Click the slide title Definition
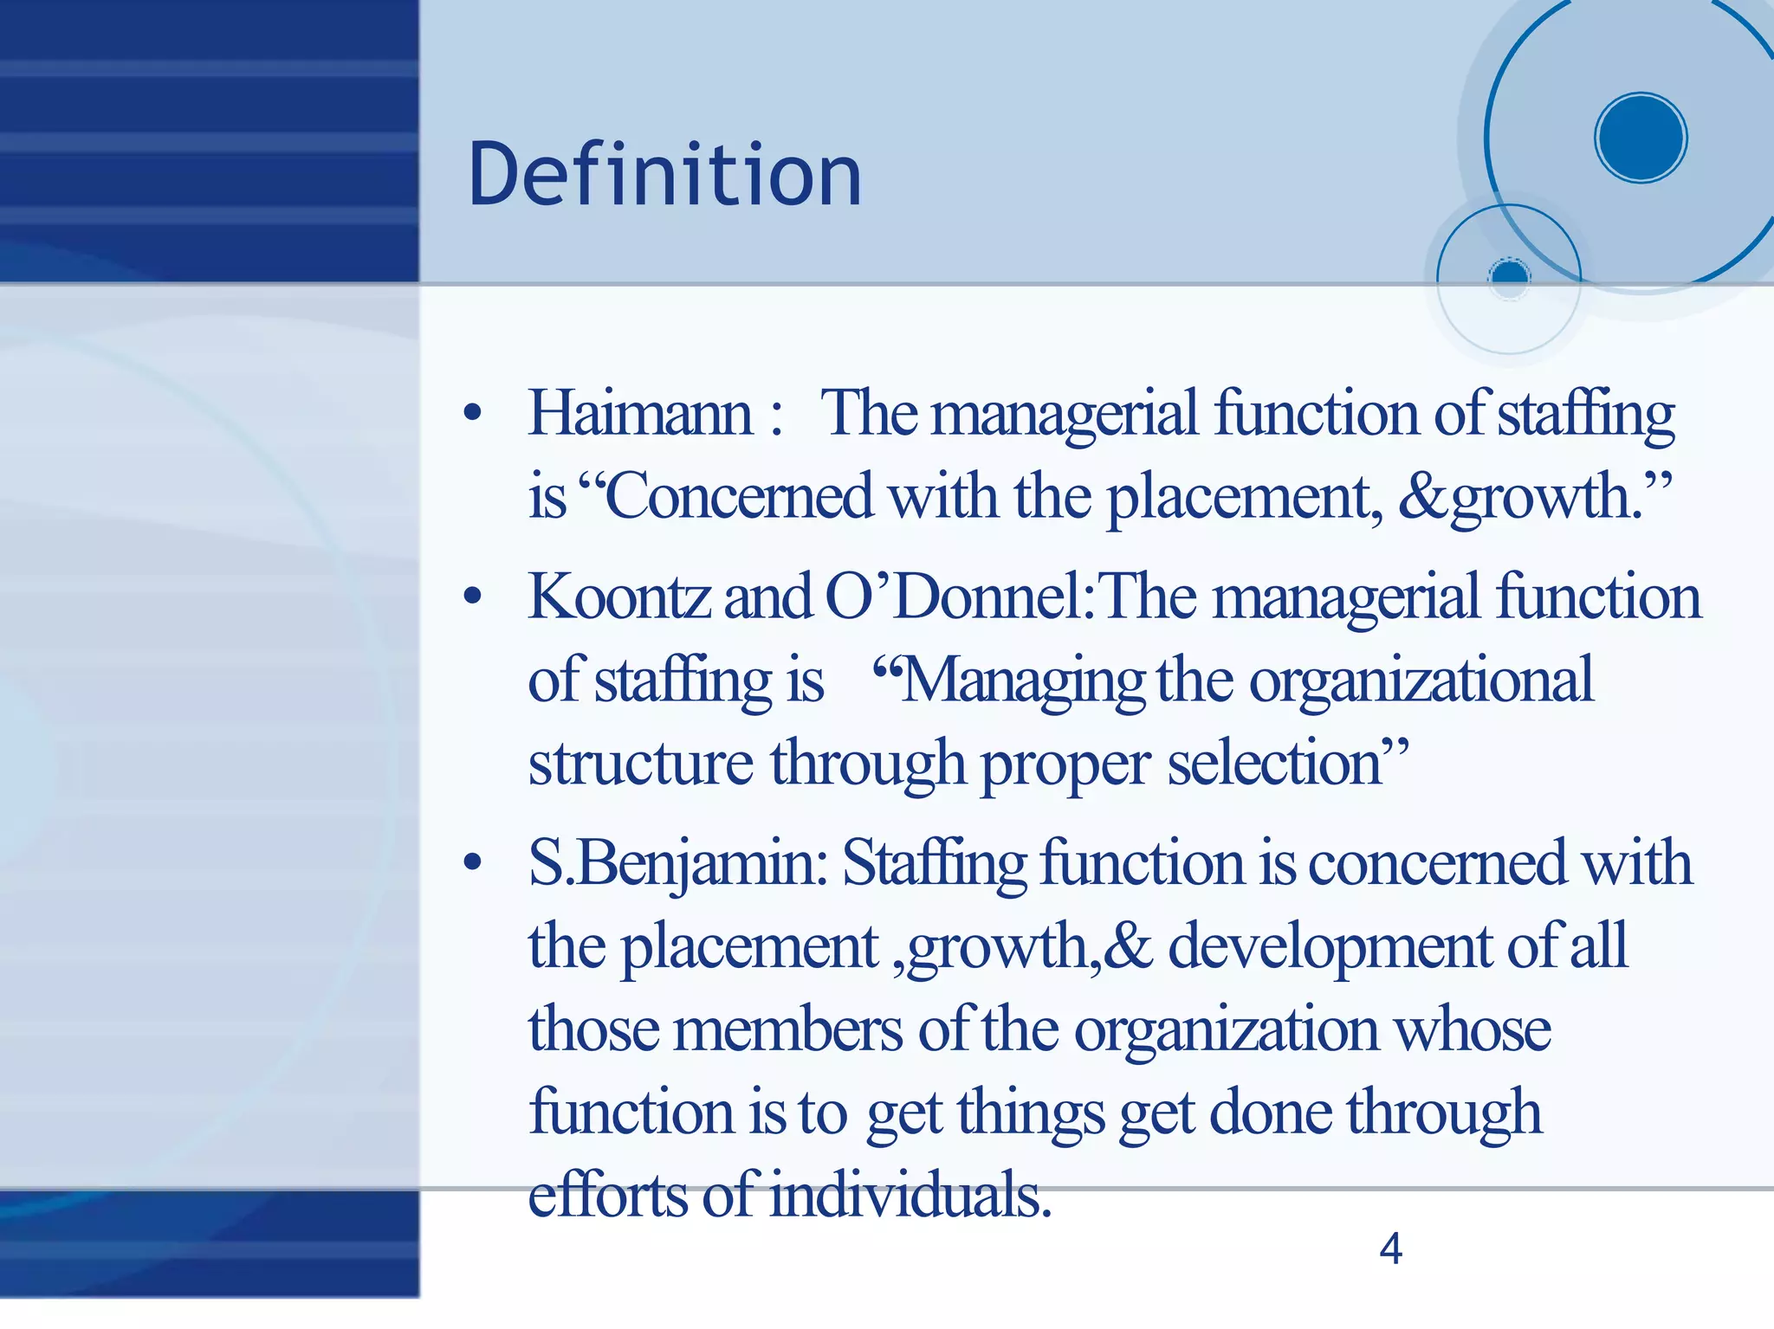664,175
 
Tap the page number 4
1390,1248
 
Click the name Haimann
640,413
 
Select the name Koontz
618,597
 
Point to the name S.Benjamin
678,864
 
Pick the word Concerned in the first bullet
739,497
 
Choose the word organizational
1421,681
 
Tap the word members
788,1030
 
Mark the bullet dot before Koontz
472,597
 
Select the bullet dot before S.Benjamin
472,863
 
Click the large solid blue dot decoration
1640,138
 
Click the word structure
641,764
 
